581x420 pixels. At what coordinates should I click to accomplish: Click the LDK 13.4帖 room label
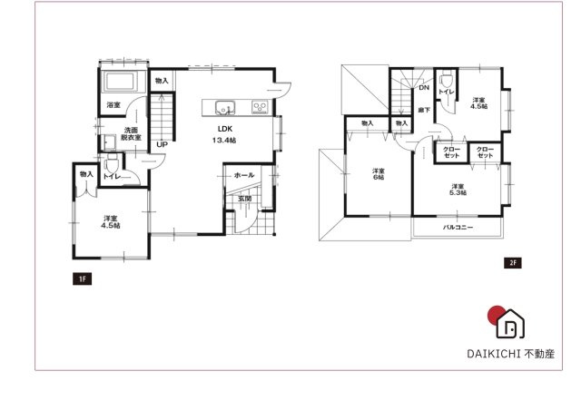tap(224, 134)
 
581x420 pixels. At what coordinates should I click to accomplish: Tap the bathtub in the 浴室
tap(120, 81)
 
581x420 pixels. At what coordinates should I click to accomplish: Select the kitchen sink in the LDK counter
tap(224, 107)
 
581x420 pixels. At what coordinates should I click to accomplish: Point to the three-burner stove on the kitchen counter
tap(260, 107)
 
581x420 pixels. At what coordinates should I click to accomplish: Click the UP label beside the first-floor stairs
tap(162, 144)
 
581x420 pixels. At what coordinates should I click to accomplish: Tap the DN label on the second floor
tap(424, 88)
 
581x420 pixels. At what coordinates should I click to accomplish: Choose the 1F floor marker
tap(83, 278)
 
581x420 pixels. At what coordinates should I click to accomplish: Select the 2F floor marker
tap(513, 263)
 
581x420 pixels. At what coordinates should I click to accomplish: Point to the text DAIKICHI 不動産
tap(510, 354)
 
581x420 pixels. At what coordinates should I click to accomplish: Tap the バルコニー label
tap(458, 228)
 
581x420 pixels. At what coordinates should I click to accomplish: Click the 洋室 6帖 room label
tap(379, 174)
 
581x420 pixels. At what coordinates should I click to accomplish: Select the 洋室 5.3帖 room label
tap(458, 190)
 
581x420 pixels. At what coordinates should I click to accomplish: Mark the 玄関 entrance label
tap(244, 199)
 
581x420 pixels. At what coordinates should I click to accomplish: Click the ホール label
tap(244, 175)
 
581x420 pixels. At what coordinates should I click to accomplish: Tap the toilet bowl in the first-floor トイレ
tap(112, 163)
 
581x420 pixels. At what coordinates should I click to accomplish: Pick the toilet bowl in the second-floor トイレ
tap(445, 81)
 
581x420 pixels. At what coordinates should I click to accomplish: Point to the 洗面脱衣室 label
tap(131, 133)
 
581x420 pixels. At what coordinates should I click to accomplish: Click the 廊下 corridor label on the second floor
tap(424, 110)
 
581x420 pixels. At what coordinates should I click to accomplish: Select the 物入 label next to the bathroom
tap(162, 81)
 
